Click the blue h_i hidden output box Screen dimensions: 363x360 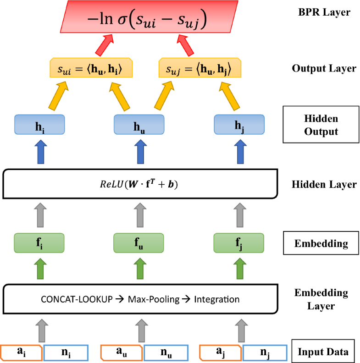coord(39,124)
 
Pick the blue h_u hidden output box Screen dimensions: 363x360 coord(139,124)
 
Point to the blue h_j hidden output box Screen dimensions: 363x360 coord(239,124)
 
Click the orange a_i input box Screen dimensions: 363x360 coord(22,352)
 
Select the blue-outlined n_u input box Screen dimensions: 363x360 coord(166,352)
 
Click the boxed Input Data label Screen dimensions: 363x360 coord(324,352)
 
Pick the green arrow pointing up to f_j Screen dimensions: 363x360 coord(239,269)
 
